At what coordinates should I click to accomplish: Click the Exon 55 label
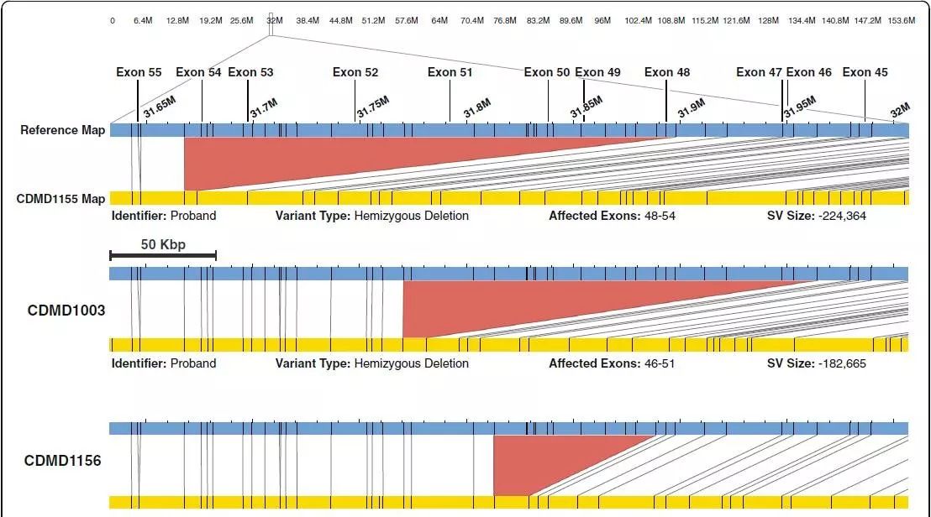click(139, 72)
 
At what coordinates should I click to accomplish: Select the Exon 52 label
click(355, 72)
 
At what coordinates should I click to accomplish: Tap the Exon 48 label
click(667, 72)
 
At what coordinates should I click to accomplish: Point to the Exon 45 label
click(865, 72)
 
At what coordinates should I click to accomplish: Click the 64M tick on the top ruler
click(439, 20)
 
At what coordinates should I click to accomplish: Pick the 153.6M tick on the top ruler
click(902, 20)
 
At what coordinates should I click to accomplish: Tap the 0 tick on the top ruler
click(113, 20)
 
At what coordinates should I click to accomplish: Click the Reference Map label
click(63, 130)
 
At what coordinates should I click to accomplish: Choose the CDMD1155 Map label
click(60, 199)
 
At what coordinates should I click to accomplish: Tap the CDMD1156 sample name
click(62, 461)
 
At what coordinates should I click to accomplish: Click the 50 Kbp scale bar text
click(163, 244)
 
